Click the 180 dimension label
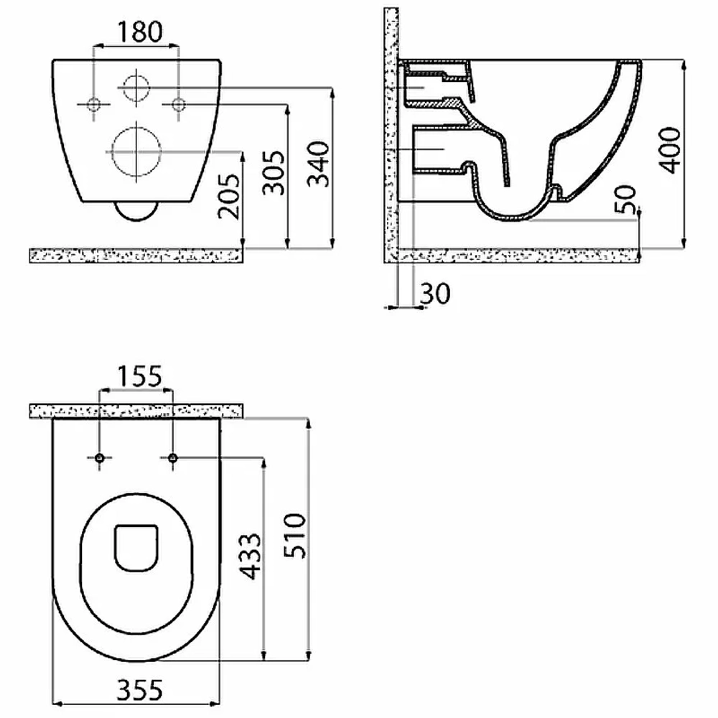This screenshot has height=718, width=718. click(140, 32)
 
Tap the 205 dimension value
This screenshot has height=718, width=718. click(229, 197)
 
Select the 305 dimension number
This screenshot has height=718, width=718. click(274, 172)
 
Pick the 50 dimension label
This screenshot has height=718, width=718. click(625, 199)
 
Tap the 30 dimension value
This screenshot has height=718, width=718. click(435, 294)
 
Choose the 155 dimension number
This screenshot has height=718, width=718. click(140, 376)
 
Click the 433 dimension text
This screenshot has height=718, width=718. click(251, 556)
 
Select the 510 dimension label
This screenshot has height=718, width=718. click(295, 536)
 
